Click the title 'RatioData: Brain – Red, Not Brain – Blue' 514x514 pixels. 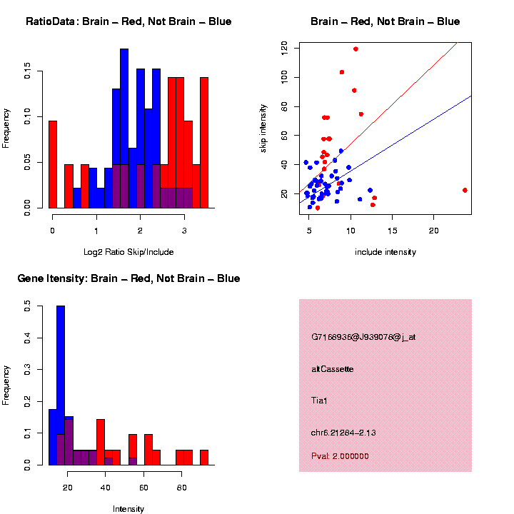coord(128,21)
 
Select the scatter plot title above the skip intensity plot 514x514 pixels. coord(385,21)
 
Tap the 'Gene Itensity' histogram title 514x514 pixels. coord(128,278)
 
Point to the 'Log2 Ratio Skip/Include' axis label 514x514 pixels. coord(128,252)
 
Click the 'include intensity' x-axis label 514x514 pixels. coord(385,252)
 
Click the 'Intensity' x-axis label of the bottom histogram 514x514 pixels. coord(128,509)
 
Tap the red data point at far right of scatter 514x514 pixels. coord(465,190)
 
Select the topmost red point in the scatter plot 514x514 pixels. coord(356,49)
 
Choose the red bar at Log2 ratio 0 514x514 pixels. coord(53,164)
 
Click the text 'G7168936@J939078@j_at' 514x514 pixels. coord(363,337)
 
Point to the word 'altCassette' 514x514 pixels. coord(333,369)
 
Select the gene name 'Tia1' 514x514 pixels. coord(319,401)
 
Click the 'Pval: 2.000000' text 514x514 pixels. coord(340,456)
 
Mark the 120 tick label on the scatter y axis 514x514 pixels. coord(284,48)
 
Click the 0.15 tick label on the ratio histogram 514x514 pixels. coord(27,72)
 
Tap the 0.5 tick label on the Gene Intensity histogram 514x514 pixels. coord(27,306)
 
